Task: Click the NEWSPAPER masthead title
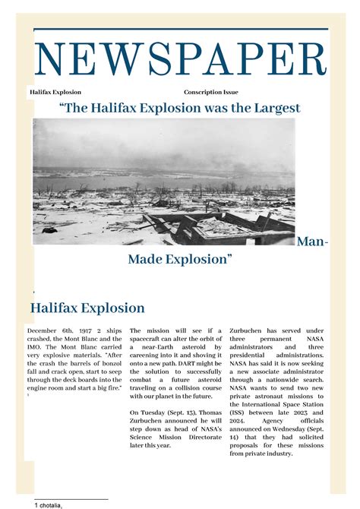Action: point(180,61)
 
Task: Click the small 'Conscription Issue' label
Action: point(210,92)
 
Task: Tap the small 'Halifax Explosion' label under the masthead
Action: point(55,92)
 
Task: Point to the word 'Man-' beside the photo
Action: point(312,242)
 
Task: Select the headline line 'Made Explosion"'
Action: point(180,260)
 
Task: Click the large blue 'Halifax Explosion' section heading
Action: point(87,308)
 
